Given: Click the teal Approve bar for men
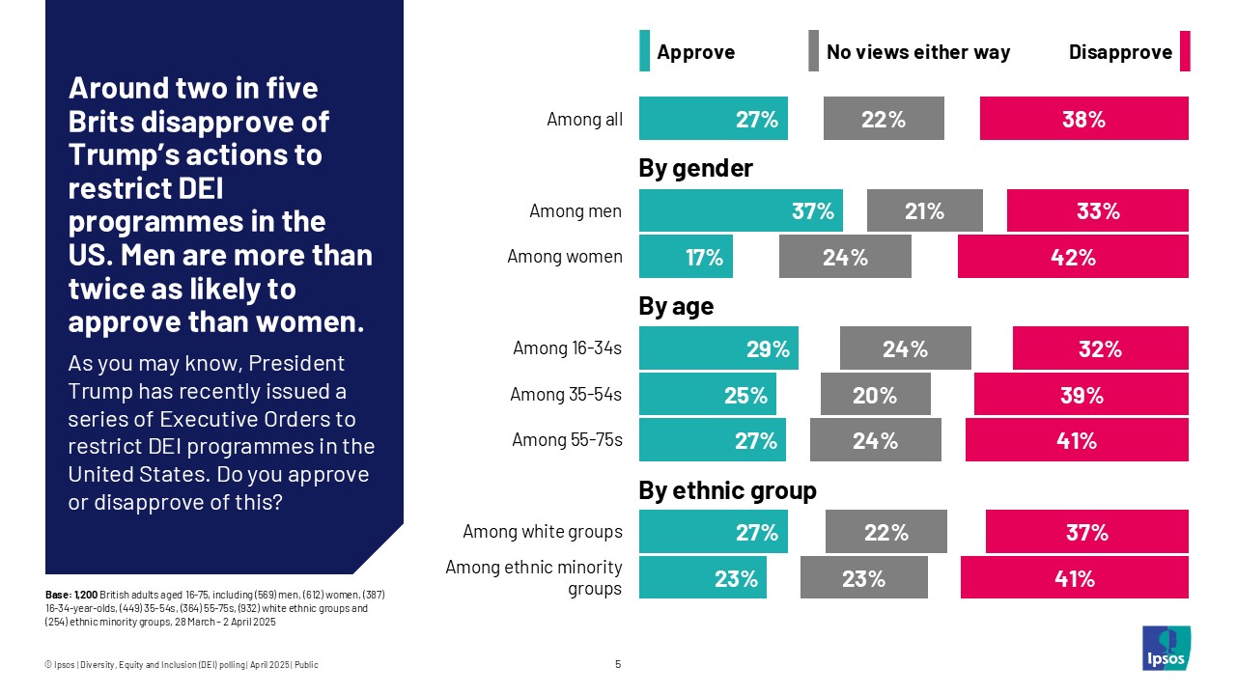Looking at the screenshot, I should [x=741, y=210].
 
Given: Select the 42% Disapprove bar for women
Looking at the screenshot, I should [x=1073, y=257].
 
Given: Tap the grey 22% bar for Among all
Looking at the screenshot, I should [x=884, y=119].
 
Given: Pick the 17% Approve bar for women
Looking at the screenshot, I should [x=686, y=257].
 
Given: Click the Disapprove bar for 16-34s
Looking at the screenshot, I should [x=1100, y=348].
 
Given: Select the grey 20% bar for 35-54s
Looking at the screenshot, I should [x=875, y=395].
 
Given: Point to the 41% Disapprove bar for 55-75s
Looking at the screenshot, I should [x=1077, y=440].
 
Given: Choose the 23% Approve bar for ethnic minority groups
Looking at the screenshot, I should [x=702, y=577].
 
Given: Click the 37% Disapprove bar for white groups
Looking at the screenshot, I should [x=1086, y=532].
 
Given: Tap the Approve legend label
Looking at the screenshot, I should [x=695, y=52].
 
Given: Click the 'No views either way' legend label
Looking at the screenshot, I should [x=917, y=52].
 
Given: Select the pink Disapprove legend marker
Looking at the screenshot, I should [x=1185, y=51].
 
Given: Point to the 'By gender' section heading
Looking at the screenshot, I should [x=695, y=169].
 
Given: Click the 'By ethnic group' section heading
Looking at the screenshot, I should [x=727, y=490].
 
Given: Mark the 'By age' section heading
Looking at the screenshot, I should [x=676, y=307].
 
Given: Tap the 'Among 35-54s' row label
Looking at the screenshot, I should [x=566, y=394].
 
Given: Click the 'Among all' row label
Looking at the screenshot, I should [x=584, y=120].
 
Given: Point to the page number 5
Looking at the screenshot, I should [x=618, y=664].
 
